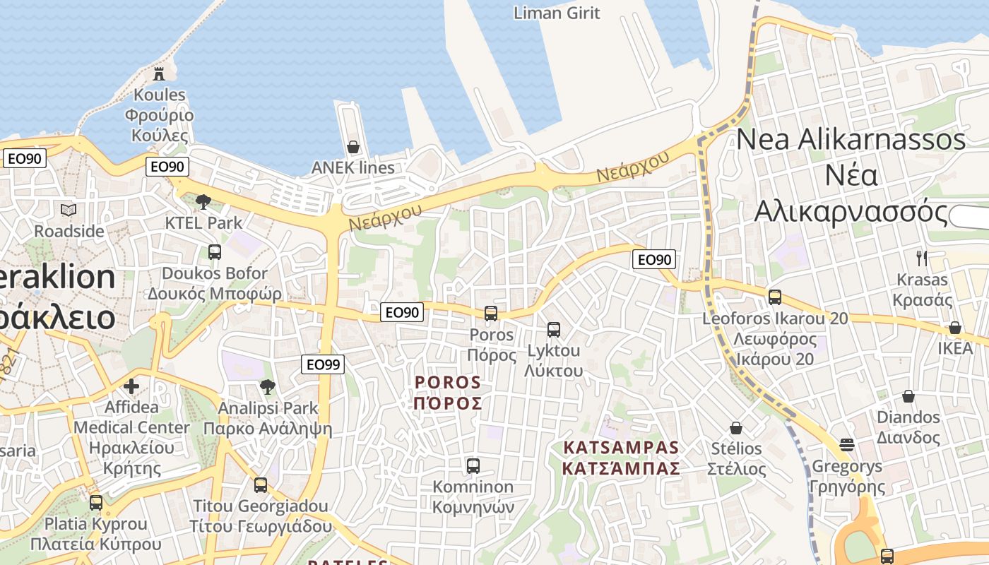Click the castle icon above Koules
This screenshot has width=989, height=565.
[x=159, y=73]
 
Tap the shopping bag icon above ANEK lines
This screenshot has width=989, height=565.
[x=353, y=147]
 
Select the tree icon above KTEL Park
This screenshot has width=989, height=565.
[x=203, y=201]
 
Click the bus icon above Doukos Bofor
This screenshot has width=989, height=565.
[x=214, y=251]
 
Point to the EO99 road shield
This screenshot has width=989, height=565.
[x=323, y=364]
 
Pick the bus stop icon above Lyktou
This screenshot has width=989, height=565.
[x=554, y=329]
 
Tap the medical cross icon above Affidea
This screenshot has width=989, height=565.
[x=131, y=386]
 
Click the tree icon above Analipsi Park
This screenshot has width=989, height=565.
[x=267, y=386]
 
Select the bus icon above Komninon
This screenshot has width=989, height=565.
[x=473, y=466]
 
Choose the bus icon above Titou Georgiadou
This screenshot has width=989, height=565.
[x=261, y=485]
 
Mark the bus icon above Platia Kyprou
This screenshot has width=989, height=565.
[x=95, y=503]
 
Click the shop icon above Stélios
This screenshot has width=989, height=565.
[x=736, y=428]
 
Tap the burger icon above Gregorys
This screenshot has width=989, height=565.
[x=847, y=445]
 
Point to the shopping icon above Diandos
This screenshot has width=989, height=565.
[x=908, y=396]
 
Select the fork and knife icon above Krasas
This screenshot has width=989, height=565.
[x=921, y=258]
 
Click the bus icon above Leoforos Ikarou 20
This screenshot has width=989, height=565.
[x=775, y=297]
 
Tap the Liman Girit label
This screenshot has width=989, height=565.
[x=557, y=13]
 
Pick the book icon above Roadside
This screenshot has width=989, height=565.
[x=69, y=210]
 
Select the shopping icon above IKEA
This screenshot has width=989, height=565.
[x=955, y=328]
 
